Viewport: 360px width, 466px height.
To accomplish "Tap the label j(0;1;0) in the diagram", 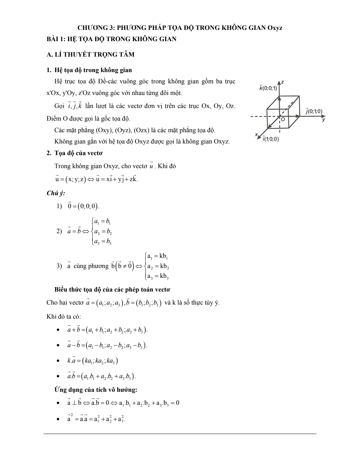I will (314, 111).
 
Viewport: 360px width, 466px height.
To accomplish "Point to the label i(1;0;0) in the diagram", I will (270, 139).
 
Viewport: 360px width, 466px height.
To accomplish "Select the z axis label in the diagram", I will (282, 82).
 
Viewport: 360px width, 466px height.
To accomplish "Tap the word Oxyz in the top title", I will (275, 28).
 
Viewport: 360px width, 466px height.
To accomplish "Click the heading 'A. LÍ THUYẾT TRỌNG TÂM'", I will (90, 55).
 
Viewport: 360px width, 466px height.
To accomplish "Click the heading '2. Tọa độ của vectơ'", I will (75, 153).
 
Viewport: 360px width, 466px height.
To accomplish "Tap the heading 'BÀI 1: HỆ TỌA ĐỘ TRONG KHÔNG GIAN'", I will (111, 39).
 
